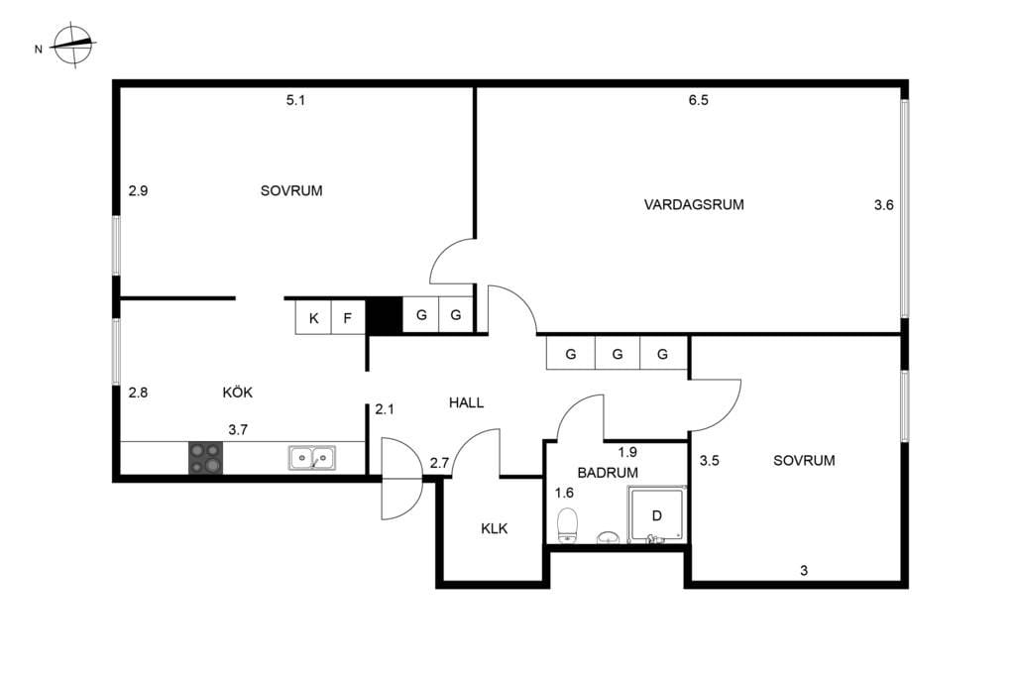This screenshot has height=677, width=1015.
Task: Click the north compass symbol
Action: pos(73,45)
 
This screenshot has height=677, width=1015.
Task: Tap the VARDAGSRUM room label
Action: pos(694,204)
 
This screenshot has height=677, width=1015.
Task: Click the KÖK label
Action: pos(238,393)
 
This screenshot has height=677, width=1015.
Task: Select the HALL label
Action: pos(466,402)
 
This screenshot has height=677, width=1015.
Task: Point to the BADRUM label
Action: pos(608,473)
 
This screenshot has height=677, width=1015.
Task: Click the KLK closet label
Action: pos(495,528)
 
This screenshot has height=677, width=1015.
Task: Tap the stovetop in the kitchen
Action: pos(206,458)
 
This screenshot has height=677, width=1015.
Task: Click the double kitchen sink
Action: pos(312,457)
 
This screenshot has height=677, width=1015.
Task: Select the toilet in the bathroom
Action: pos(568,524)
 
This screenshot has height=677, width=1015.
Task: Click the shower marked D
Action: pos(656,513)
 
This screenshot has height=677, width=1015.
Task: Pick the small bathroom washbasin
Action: pos(608,537)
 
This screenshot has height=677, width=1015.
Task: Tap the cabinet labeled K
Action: pos(313,318)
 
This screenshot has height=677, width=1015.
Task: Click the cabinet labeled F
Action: pos(348,318)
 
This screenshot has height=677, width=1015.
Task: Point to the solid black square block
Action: pos(385,316)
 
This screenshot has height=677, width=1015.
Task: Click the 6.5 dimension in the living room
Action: pos(699,100)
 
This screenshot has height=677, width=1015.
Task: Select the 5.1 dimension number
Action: pos(295,100)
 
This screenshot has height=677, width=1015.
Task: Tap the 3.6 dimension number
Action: pos(883,204)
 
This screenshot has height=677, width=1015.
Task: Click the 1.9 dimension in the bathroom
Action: pos(627,452)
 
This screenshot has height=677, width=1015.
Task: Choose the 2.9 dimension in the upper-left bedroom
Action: pos(138,190)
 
